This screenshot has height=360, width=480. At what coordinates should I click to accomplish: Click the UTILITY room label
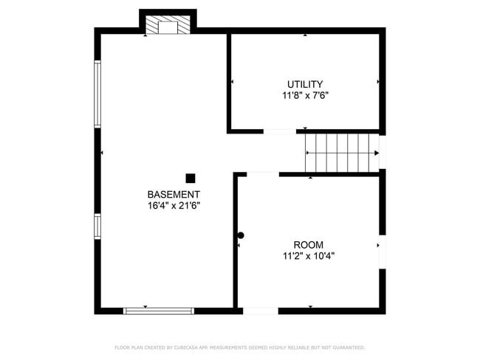[304, 84]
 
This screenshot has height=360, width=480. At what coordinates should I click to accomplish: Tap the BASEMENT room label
[174, 194]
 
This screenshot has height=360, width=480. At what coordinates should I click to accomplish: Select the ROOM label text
[308, 245]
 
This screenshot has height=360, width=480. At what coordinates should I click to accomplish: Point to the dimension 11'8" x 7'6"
[304, 96]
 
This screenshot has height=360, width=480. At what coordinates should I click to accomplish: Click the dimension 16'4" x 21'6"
[174, 206]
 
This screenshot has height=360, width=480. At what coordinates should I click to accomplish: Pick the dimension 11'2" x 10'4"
[308, 257]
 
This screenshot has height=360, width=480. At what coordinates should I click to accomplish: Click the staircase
[342, 153]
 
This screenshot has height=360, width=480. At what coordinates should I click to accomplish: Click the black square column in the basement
[191, 178]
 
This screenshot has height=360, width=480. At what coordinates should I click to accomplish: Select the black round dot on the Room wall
[241, 235]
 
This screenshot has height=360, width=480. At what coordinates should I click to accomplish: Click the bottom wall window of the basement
[159, 311]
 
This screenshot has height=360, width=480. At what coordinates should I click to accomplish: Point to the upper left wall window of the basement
[97, 94]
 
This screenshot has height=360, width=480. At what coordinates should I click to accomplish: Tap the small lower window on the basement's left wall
[97, 226]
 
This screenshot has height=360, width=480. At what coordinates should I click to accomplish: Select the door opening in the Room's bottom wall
[261, 311]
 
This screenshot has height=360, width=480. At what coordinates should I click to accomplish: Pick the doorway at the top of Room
[258, 174]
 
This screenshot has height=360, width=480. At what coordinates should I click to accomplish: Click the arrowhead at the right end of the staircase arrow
[375, 153]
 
